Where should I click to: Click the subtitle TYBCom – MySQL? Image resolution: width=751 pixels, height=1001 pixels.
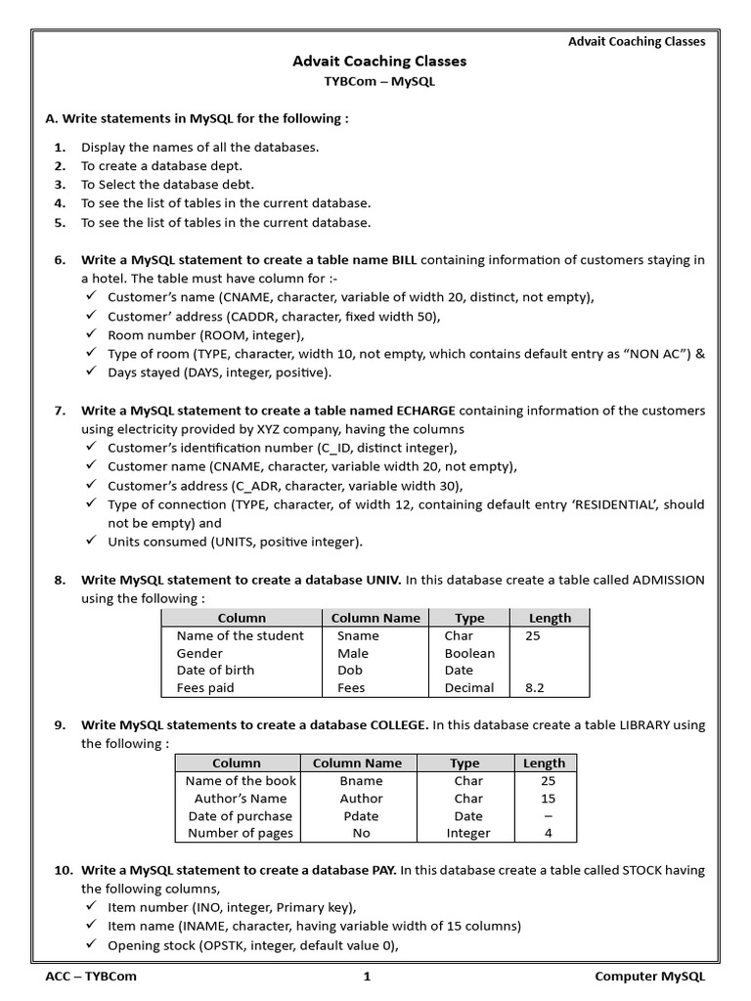tap(379, 82)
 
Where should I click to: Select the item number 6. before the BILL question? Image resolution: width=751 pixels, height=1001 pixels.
tap(60, 260)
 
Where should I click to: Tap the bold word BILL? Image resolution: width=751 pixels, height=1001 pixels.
tap(404, 260)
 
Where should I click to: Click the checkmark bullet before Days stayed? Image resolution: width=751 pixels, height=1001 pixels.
tap(91, 372)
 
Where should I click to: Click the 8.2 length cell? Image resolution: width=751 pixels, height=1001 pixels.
tap(536, 688)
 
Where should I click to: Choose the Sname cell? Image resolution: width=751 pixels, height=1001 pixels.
tap(358, 635)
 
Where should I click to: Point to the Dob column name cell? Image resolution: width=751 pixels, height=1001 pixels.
tap(350, 671)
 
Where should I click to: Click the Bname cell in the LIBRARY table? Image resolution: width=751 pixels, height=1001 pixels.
tap(361, 781)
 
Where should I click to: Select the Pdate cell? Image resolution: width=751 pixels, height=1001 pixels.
tap(361, 816)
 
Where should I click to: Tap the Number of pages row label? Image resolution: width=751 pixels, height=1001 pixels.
tap(240, 834)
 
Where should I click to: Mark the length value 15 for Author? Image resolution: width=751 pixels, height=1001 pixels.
tap(548, 799)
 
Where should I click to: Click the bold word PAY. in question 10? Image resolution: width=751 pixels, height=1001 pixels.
tap(380, 870)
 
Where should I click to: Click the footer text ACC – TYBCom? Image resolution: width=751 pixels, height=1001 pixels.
tap(92, 977)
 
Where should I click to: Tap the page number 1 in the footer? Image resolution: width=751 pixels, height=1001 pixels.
tap(367, 977)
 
